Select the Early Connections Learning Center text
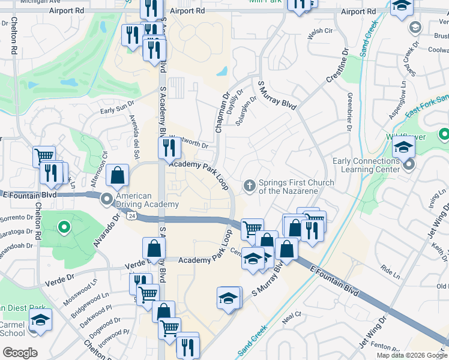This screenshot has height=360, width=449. [x=366, y=165]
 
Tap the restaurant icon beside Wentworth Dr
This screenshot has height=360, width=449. [x=169, y=148]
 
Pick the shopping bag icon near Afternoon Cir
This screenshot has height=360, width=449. [x=118, y=176]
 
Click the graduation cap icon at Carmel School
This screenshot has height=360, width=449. [x=40, y=319]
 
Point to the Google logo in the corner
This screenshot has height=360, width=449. [x=20, y=353]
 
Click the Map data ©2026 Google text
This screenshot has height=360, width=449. [x=411, y=355]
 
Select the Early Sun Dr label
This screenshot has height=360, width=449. [x=117, y=109]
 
